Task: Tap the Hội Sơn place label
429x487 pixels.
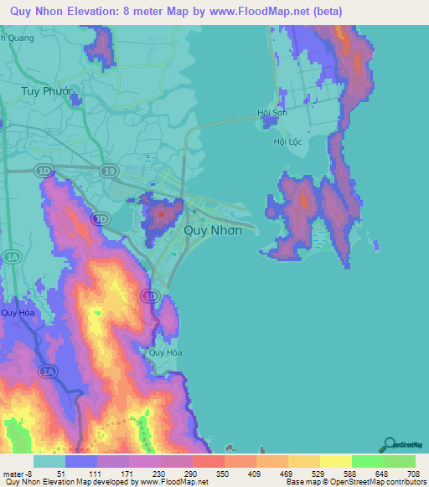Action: (273, 113)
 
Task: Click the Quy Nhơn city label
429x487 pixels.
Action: (213, 231)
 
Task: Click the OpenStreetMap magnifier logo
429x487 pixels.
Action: (389, 444)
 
